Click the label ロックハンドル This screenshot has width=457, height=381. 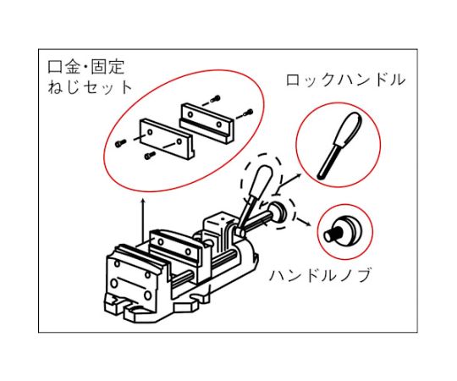345,80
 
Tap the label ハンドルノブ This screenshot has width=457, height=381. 319,276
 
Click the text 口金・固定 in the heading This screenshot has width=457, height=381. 86,67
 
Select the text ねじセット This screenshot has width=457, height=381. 91,87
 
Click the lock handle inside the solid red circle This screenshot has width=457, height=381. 339,145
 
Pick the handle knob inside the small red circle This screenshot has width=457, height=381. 341,229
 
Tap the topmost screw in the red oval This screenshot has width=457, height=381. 217,99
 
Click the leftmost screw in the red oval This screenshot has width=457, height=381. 120,143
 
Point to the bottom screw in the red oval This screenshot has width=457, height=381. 150,157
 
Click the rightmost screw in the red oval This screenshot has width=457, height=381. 249,112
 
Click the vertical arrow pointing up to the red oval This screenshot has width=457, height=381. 143,220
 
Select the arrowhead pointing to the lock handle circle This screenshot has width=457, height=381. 300,175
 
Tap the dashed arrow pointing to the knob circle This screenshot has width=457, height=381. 303,220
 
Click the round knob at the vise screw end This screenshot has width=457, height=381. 278,213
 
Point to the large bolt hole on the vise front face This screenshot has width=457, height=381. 114,283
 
